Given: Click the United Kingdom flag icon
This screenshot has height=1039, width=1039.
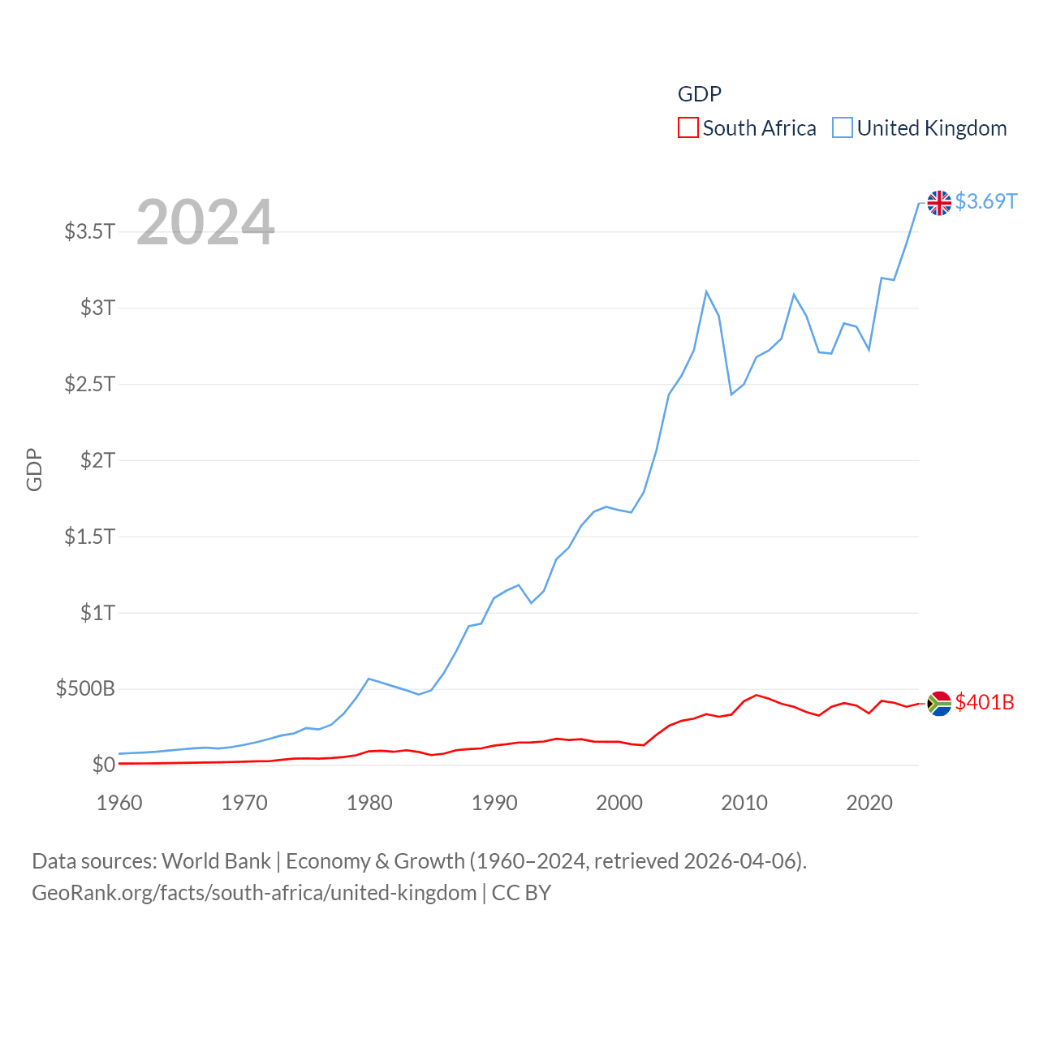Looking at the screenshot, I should click(939, 202).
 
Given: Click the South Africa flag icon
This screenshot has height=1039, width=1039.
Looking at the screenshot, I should click(939, 703).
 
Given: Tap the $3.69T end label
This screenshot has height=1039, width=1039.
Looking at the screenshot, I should click(985, 201).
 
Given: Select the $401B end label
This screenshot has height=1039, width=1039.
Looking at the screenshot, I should click(984, 702).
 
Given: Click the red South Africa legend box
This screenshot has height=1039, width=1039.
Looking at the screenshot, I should click(688, 128).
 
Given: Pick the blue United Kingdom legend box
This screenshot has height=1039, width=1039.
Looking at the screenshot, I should click(843, 128).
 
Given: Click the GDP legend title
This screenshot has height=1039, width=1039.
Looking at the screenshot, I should click(699, 94).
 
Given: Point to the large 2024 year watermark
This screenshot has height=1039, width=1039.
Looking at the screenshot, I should click(205, 222).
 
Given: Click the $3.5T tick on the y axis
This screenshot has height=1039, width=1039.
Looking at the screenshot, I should click(89, 231).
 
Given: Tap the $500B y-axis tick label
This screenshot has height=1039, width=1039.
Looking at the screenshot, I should click(85, 689).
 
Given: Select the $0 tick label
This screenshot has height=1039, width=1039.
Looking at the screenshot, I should click(103, 765).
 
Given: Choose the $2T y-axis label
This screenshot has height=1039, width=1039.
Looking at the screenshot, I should click(97, 460).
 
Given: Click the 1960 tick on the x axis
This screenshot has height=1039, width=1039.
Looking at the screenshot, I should click(119, 803).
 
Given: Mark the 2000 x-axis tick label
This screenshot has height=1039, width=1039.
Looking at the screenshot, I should click(619, 803).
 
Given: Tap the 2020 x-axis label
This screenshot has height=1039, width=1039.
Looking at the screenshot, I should click(869, 803).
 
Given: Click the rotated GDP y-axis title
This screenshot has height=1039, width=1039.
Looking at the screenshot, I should click(34, 469).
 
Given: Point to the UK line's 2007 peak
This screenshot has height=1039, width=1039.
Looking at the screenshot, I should click(706, 291).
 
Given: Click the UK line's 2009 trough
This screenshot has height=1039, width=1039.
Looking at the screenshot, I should click(731, 394).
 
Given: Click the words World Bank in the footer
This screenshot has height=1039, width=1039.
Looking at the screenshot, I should click(217, 860).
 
